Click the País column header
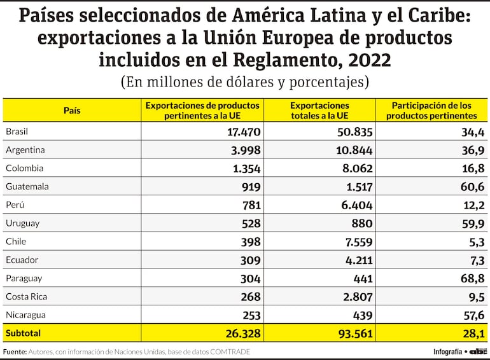click(x=72, y=110)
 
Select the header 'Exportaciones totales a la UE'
click(x=319, y=110)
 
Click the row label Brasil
click(x=17, y=132)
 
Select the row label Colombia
click(x=24, y=169)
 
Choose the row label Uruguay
click(x=22, y=223)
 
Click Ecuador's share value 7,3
click(x=476, y=260)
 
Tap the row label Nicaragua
click(x=25, y=315)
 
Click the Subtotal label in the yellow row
click(x=23, y=333)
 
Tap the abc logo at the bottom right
click(x=479, y=352)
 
